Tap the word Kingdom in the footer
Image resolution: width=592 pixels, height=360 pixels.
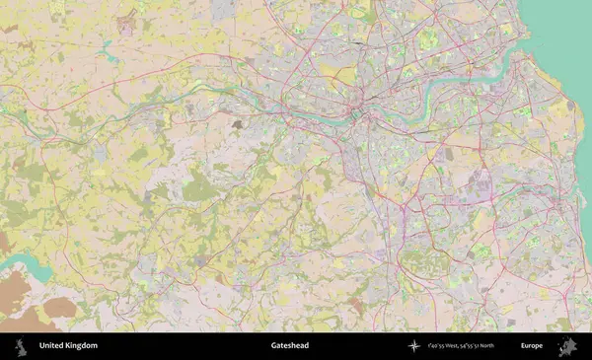[x=82, y=346]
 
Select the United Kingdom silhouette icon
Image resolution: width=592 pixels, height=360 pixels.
[x=20, y=346]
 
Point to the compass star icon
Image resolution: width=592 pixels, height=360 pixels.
[x=414, y=346]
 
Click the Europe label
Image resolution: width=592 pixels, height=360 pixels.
[x=532, y=346]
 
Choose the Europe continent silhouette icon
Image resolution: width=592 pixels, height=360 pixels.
[x=567, y=346]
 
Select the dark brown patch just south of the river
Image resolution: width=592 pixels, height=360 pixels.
[x=237, y=125]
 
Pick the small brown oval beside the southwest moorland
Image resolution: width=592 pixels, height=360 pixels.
[x=61, y=308]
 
